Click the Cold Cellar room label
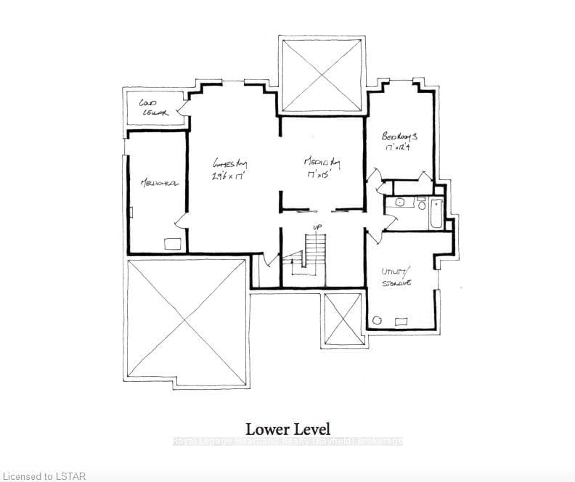[153, 107]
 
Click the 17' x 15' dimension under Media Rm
[320, 175]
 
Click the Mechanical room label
[160, 182]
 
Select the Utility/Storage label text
[398, 277]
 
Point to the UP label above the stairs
[317, 228]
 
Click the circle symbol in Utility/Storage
[378, 319]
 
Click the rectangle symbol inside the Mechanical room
[172, 244]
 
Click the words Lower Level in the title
[287, 429]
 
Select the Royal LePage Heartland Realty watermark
[287, 441]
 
